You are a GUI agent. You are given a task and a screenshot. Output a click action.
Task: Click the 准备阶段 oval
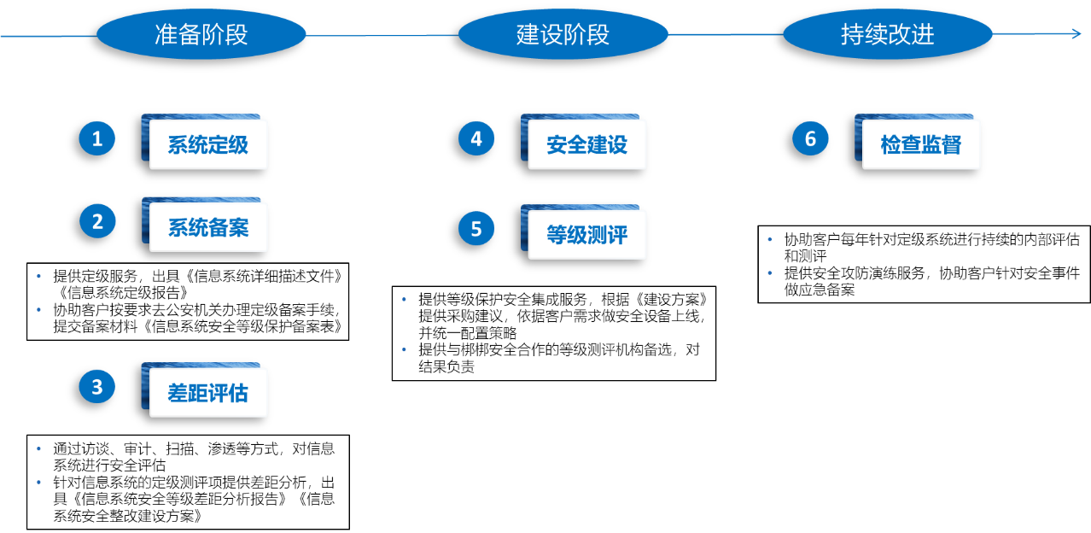[201, 35]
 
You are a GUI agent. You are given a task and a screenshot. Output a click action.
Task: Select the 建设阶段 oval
[563, 35]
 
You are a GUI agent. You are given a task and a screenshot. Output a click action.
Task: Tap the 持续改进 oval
[888, 35]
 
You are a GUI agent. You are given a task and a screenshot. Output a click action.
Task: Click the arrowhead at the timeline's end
[1076, 34]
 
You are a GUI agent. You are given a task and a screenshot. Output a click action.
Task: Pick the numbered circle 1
[97, 138]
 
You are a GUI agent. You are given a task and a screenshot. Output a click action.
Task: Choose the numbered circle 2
[97, 221]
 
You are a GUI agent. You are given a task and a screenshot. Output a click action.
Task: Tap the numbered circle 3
[97, 386]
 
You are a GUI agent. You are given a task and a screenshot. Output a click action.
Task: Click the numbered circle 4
[476, 138]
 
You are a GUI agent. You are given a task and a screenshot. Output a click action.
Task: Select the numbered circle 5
[476, 228]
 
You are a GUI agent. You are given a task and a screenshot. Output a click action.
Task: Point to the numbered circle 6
[810, 138]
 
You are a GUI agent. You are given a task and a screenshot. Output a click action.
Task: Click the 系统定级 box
[208, 144]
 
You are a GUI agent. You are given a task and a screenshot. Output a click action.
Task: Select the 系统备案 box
[208, 227]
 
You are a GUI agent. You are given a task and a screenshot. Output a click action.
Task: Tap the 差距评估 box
[208, 392]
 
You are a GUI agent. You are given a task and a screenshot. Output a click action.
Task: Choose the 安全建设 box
[587, 144]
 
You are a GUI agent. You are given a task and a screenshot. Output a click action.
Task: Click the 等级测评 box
[587, 234]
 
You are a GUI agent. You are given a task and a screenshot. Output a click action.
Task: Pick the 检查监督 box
[921, 144]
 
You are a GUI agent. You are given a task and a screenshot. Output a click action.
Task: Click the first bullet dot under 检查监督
[770, 239]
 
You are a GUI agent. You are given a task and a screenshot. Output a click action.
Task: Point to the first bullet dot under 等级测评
[405, 299]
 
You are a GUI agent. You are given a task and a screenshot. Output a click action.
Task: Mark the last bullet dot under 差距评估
[39, 482]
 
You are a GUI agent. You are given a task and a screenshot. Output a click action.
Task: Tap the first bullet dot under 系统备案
[39, 276]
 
